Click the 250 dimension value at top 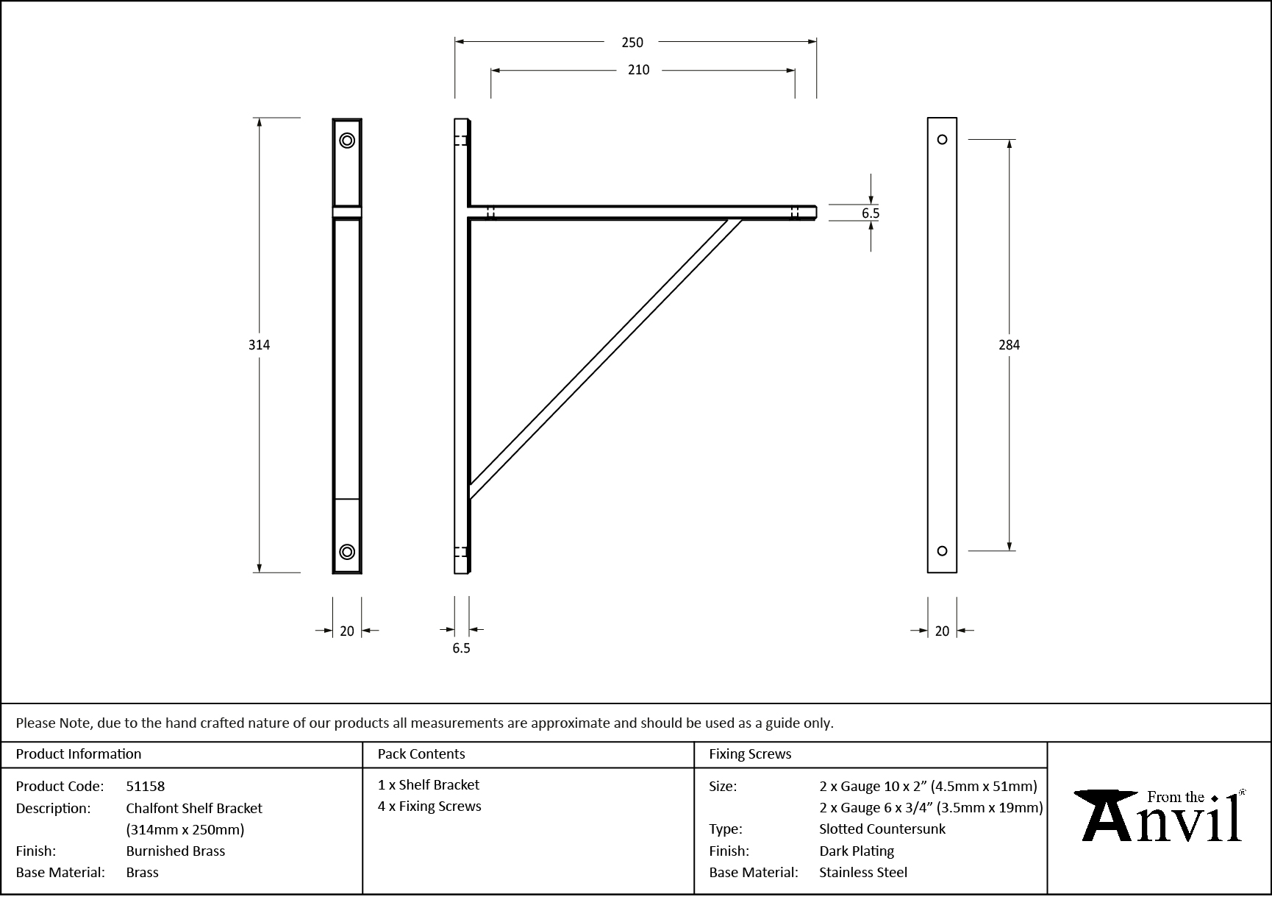tap(632, 43)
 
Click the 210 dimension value tap(638, 70)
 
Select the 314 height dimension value tap(259, 344)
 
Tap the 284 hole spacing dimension tap(1009, 344)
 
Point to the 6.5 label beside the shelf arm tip tap(871, 213)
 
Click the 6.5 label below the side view tap(461, 648)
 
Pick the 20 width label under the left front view tap(347, 631)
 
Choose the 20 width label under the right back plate tap(942, 631)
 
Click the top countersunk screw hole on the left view tap(347, 141)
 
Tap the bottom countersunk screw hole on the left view tap(347, 552)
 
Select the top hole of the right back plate tap(942, 140)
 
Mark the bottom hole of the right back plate tap(942, 550)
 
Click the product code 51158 tap(146, 786)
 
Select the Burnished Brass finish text tap(176, 851)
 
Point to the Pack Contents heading tap(421, 754)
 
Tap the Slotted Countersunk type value tap(882, 829)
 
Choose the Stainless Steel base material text tap(863, 872)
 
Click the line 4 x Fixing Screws tap(429, 806)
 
